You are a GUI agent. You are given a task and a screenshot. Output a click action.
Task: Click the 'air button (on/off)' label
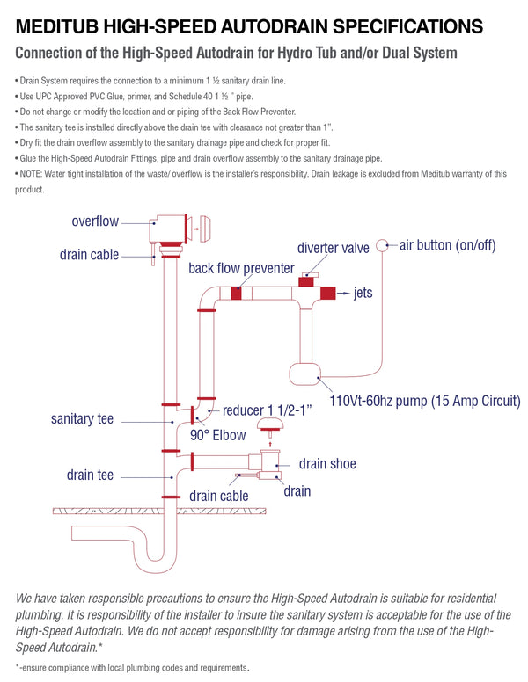pyautogui.click(x=448, y=244)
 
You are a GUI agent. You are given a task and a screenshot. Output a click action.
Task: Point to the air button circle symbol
pyautogui.click(x=383, y=245)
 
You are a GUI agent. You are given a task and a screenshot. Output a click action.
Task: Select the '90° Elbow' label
pyautogui.click(x=220, y=433)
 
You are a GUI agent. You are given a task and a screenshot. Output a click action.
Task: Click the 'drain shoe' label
pyautogui.click(x=327, y=463)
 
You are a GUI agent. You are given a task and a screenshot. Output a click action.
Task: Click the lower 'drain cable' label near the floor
pyautogui.click(x=219, y=496)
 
